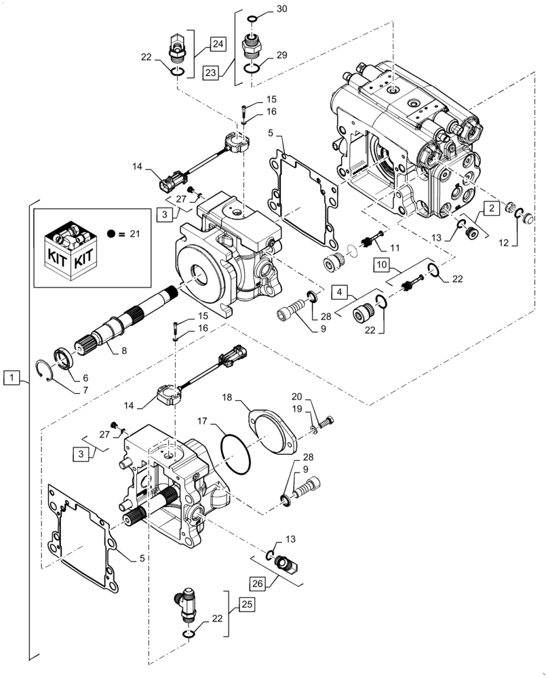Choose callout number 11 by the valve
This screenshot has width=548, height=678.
[x=394, y=249]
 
